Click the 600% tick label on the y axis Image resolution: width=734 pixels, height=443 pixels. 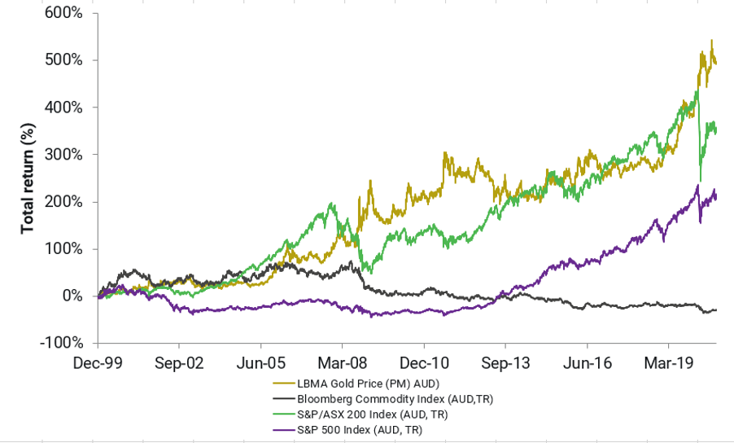point(65,13)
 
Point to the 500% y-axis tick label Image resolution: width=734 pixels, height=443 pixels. point(65,60)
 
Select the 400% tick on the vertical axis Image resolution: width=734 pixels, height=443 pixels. point(65,107)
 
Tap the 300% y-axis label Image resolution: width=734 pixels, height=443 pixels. point(65,155)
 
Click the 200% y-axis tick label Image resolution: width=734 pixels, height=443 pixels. point(65,202)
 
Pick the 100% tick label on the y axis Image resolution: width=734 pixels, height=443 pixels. point(65,249)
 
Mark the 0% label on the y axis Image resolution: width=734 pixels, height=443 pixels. point(73,296)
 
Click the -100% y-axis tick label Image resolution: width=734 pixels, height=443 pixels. point(63,343)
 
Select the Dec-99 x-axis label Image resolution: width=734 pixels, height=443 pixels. point(98,362)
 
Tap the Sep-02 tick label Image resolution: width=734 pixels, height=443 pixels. point(179,362)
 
